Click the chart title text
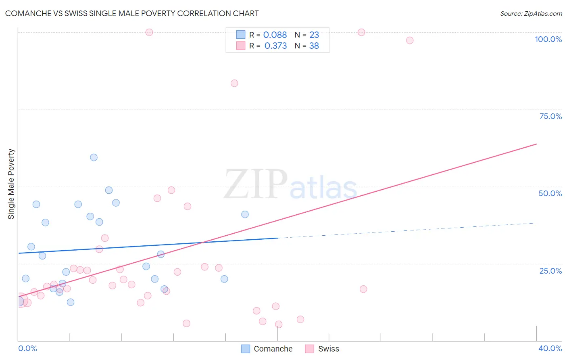coord(132,13)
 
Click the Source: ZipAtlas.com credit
coord(531,14)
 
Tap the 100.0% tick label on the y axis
coord(548,39)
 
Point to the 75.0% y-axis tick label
coord(550,116)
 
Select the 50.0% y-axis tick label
coord(550,193)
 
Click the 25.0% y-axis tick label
coord(550,271)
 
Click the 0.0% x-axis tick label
coord(27,348)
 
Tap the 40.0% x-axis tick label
coord(550,348)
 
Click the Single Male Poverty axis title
coord(11,184)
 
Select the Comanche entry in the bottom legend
coord(273,349)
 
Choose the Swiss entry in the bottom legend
coord(328,349)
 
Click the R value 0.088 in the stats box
coord(275,35)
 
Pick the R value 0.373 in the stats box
coord(275,46)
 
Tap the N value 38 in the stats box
coord(314,46)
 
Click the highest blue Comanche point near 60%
coord(94,157)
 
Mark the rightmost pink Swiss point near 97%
coord(410,40)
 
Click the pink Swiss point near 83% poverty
coord(234,84)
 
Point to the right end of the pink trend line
coord(536,144)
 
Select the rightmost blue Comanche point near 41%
coord(245,214)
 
